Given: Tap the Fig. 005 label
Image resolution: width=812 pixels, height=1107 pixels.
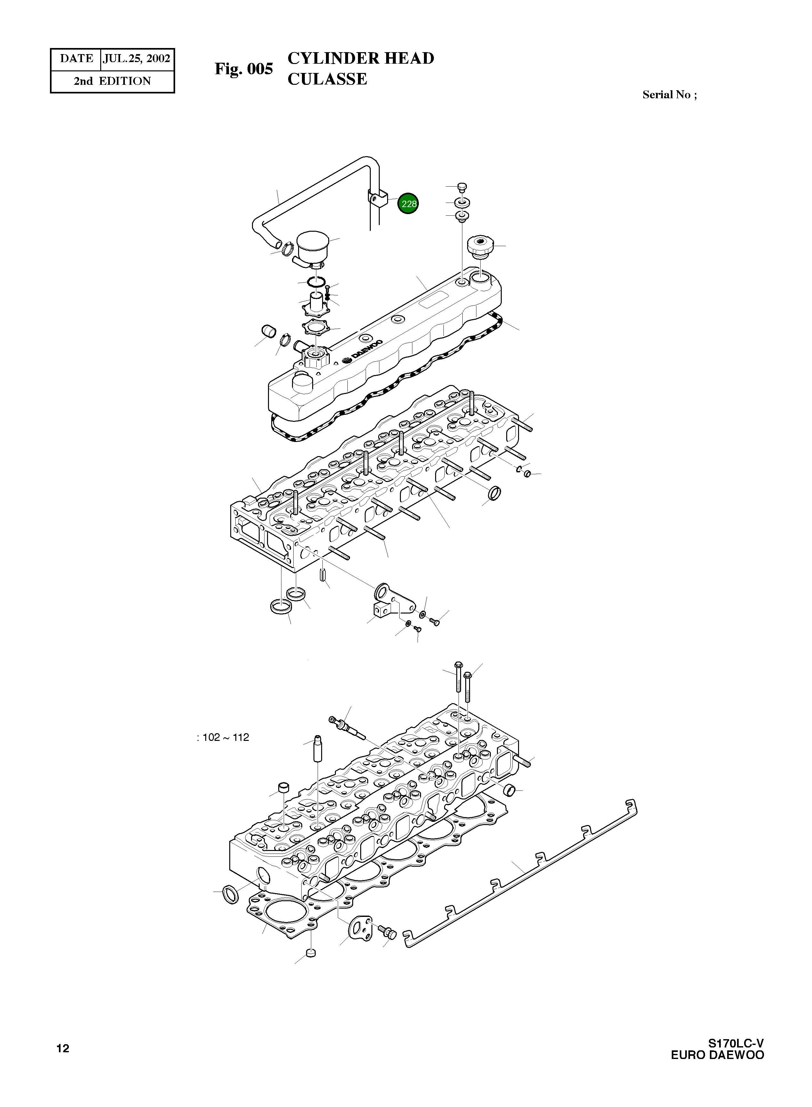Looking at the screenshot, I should [x=243, y=69].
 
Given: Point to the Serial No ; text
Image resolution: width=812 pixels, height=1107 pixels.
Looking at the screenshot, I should [x=670, y=95].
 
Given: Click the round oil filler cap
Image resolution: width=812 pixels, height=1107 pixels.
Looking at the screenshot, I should [x=479, y=246].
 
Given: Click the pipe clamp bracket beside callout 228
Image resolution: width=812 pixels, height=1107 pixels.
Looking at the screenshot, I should [x=378, y=199].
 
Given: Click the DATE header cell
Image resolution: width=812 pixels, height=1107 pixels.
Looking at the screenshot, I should [x=76, y=59].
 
